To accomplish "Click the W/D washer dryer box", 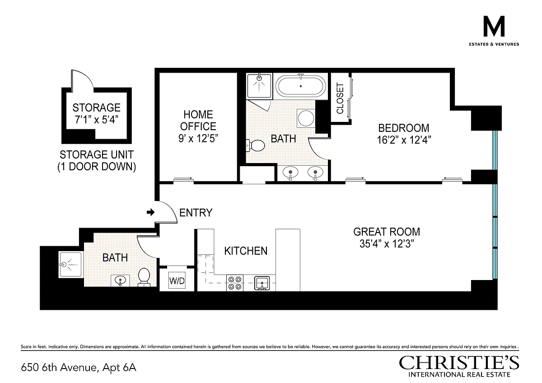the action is (x=177, y=280).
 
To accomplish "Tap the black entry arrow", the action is (x=150, y=212).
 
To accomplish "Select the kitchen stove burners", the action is (x=235, y=283).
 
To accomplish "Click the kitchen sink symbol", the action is (x=262, y=283).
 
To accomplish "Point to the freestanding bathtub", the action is (x=300, y=86).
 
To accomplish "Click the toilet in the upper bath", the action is (x=255, y=145).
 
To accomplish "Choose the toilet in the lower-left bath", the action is (x=144, y=277).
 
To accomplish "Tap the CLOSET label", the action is (x=340, y=98).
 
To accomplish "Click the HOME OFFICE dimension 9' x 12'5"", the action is (x=198, y=138).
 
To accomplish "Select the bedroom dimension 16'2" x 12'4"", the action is (x=404, y=140).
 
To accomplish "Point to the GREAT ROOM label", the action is (x=387, y=232).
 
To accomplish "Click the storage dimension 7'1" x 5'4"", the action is (x=96, y=119).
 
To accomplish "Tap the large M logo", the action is (x=494, y=26).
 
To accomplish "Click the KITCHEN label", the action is (x=246, y=251).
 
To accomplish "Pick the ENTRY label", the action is (x=196, y=213).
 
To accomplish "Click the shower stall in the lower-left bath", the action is (x=70, y=265).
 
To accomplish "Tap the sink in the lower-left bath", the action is (x=120, y=280).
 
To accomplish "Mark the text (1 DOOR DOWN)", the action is (x=97, y=167).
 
